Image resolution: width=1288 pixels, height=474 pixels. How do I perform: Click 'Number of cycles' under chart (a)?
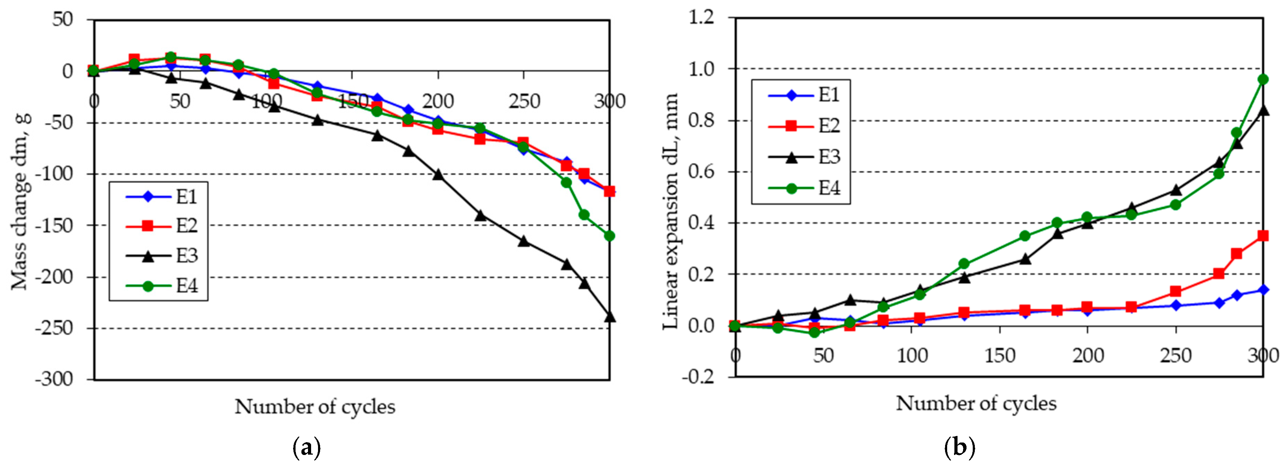coord(315,407)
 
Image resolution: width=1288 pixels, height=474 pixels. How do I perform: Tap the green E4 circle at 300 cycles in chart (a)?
coord(609,236)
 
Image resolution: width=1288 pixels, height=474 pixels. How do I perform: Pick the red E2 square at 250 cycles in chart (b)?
coord(1176,291)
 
